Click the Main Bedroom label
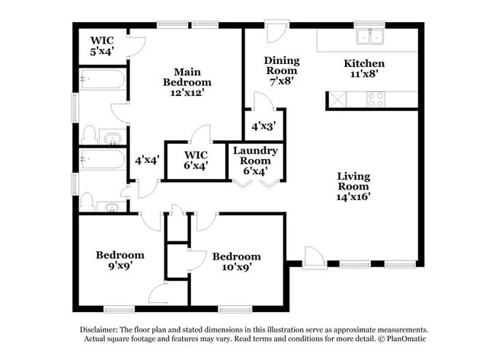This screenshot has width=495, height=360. pyautogui.click(x=187, y=81)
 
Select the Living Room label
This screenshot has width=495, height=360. pyautogui.click(x=353, y=186)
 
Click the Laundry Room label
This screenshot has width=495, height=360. pyautogui.click(x=255, y=161)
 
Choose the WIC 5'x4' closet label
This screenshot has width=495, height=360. pyautogui.click(x=102, y=46)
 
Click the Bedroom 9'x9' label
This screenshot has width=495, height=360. pyautogui.click(x=120, y=260)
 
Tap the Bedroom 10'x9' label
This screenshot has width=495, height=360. pyautogui.click(x=236, y=261)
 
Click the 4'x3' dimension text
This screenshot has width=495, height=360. pyautogui.click(x=263, y=126)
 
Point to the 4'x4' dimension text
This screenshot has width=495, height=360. pyautogui.click(x=146, y=161)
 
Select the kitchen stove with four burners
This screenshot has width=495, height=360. pyautogui.click(x=375, y=99)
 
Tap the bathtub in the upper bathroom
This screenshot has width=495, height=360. pyautogui.click(x=102, y=80)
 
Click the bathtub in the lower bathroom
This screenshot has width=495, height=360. pyautogui.click(x=102, y=159)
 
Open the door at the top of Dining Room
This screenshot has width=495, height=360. pyautogui.click(x=275, y=33)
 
